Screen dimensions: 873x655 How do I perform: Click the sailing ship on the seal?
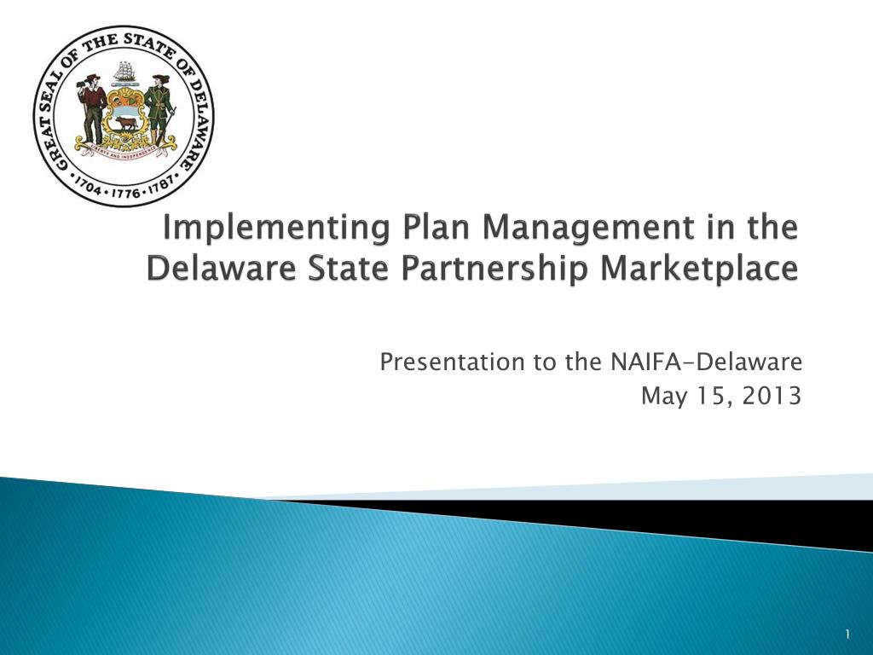124,72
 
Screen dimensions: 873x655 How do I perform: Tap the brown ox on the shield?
126,123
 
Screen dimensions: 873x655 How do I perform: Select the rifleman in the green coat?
159,108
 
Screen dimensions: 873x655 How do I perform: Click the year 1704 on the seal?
88,187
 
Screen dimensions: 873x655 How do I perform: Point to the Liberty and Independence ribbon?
126,148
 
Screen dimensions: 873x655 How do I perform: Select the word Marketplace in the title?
699,269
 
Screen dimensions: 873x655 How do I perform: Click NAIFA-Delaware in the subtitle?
706,362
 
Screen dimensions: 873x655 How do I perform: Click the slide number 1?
847,634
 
